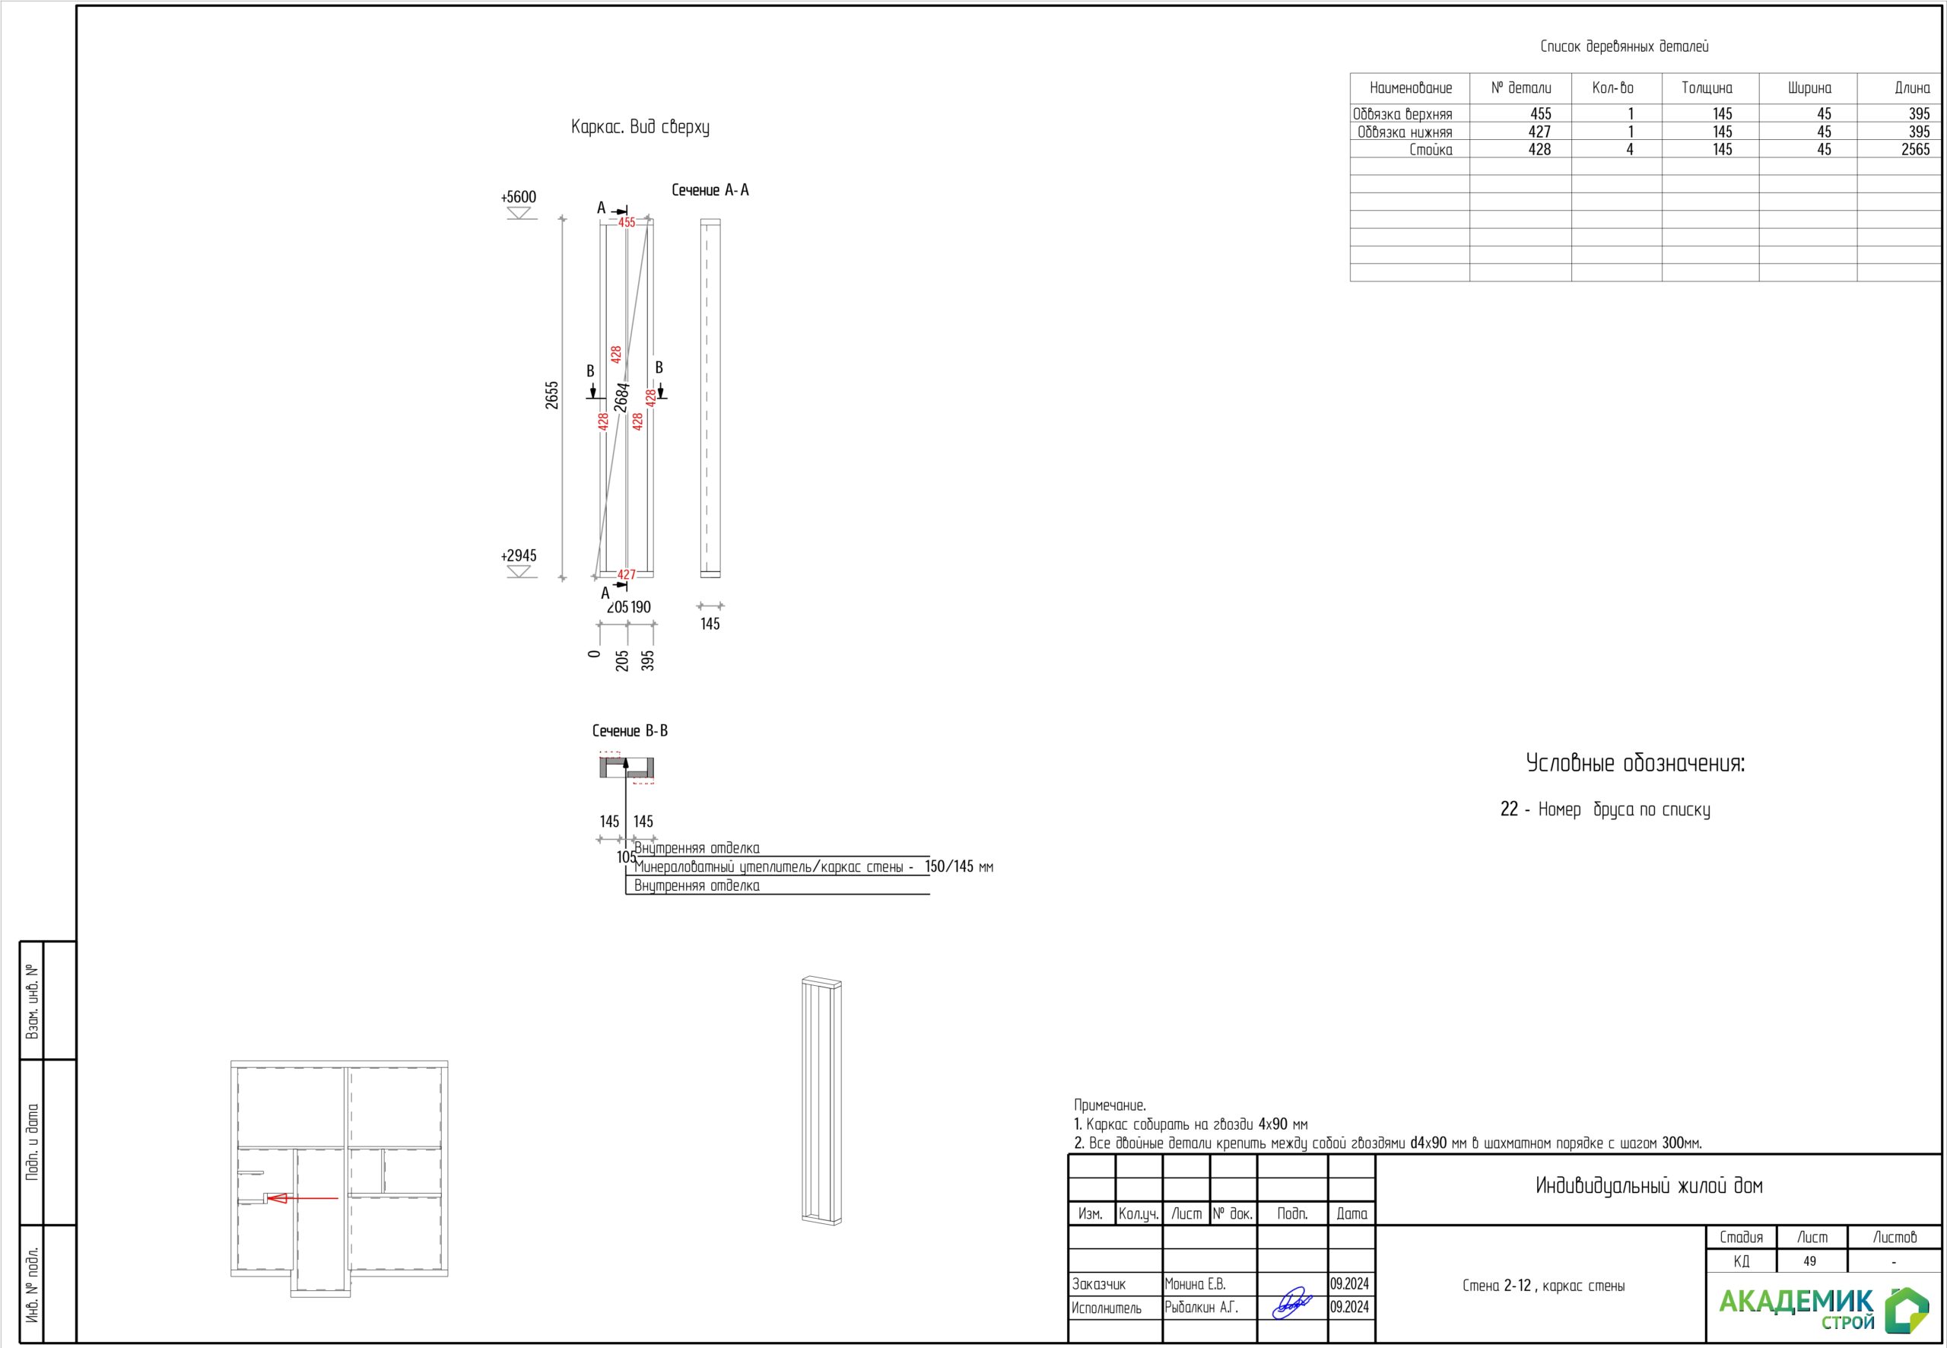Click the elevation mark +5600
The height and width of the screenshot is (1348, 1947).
click(x=519, y=197)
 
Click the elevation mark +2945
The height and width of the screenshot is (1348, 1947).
click(x=519, y=556)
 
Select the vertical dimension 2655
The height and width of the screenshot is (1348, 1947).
click(x=551, y=396)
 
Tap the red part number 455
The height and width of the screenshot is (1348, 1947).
click(x=627, y=222)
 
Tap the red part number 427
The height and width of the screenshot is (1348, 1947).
click(x=627, y=574)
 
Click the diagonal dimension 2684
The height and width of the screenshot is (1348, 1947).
click(x=622, y=397)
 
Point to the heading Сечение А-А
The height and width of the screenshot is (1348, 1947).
click(x=710, y=190)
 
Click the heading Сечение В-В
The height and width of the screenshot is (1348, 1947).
click(x=630, y=730)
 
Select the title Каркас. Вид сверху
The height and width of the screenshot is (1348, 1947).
click(x=640, y=127)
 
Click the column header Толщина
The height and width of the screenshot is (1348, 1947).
click(x=1707, y=87)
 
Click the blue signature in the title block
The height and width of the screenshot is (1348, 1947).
click(x=1292, y=1303)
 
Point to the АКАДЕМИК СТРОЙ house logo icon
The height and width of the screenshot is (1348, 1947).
click(x=1907, y=1310)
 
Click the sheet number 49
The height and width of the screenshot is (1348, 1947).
click(x=1809, y=1261)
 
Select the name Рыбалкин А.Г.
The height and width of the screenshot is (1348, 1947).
click(x=1202, y=1308)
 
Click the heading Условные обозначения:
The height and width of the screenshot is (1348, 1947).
click(x=1635, y=764)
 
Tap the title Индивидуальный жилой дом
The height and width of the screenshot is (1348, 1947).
click(x=1649, y=1186)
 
